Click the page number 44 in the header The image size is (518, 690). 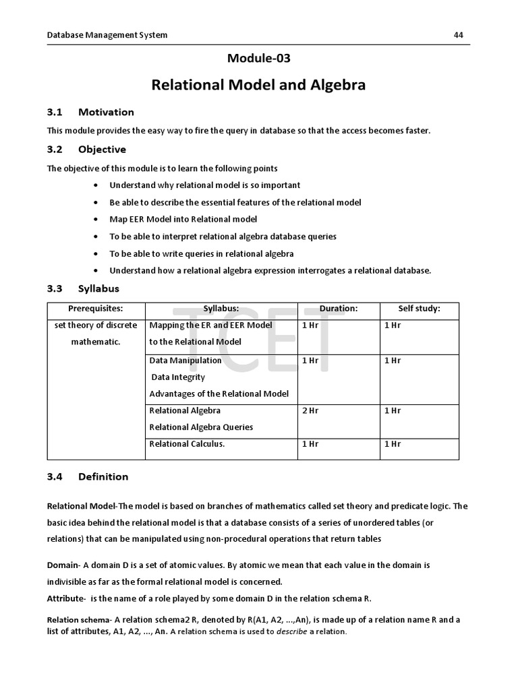(459, 35)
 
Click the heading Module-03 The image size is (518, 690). (259, 59)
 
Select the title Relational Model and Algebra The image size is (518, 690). (258, 85)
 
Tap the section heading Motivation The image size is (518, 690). (106, 112)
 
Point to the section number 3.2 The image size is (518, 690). (55, 149)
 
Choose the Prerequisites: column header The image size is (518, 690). (95, 309)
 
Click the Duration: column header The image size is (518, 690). (338, 309)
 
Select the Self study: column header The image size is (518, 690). (419, 309)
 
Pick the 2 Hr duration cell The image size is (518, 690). (310, 410)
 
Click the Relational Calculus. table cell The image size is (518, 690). (187, 444)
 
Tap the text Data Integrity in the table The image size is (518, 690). (178, 377)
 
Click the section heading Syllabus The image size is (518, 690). (98, 288)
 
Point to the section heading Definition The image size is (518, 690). (103, 476)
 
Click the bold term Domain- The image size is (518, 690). (63, 565)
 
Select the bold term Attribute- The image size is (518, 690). (66, 598)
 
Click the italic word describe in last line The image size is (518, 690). (291, 632)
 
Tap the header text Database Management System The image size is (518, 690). (107, 35)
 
